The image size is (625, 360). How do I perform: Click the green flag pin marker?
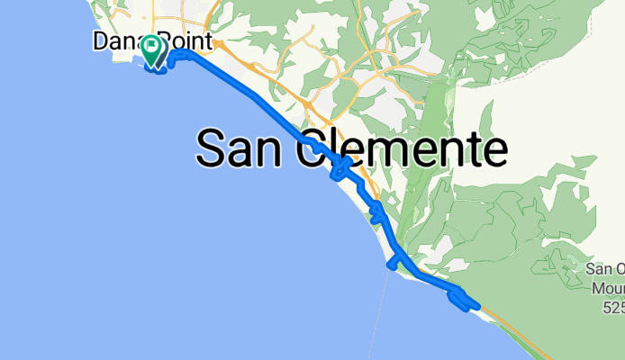tap(154, 49)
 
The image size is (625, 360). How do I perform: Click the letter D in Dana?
tap(100, 41)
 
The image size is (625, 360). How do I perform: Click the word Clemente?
tap(404, 147)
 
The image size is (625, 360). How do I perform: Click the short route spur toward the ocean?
tap(394, 262)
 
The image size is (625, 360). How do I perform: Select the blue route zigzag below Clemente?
tap(340, 168)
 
